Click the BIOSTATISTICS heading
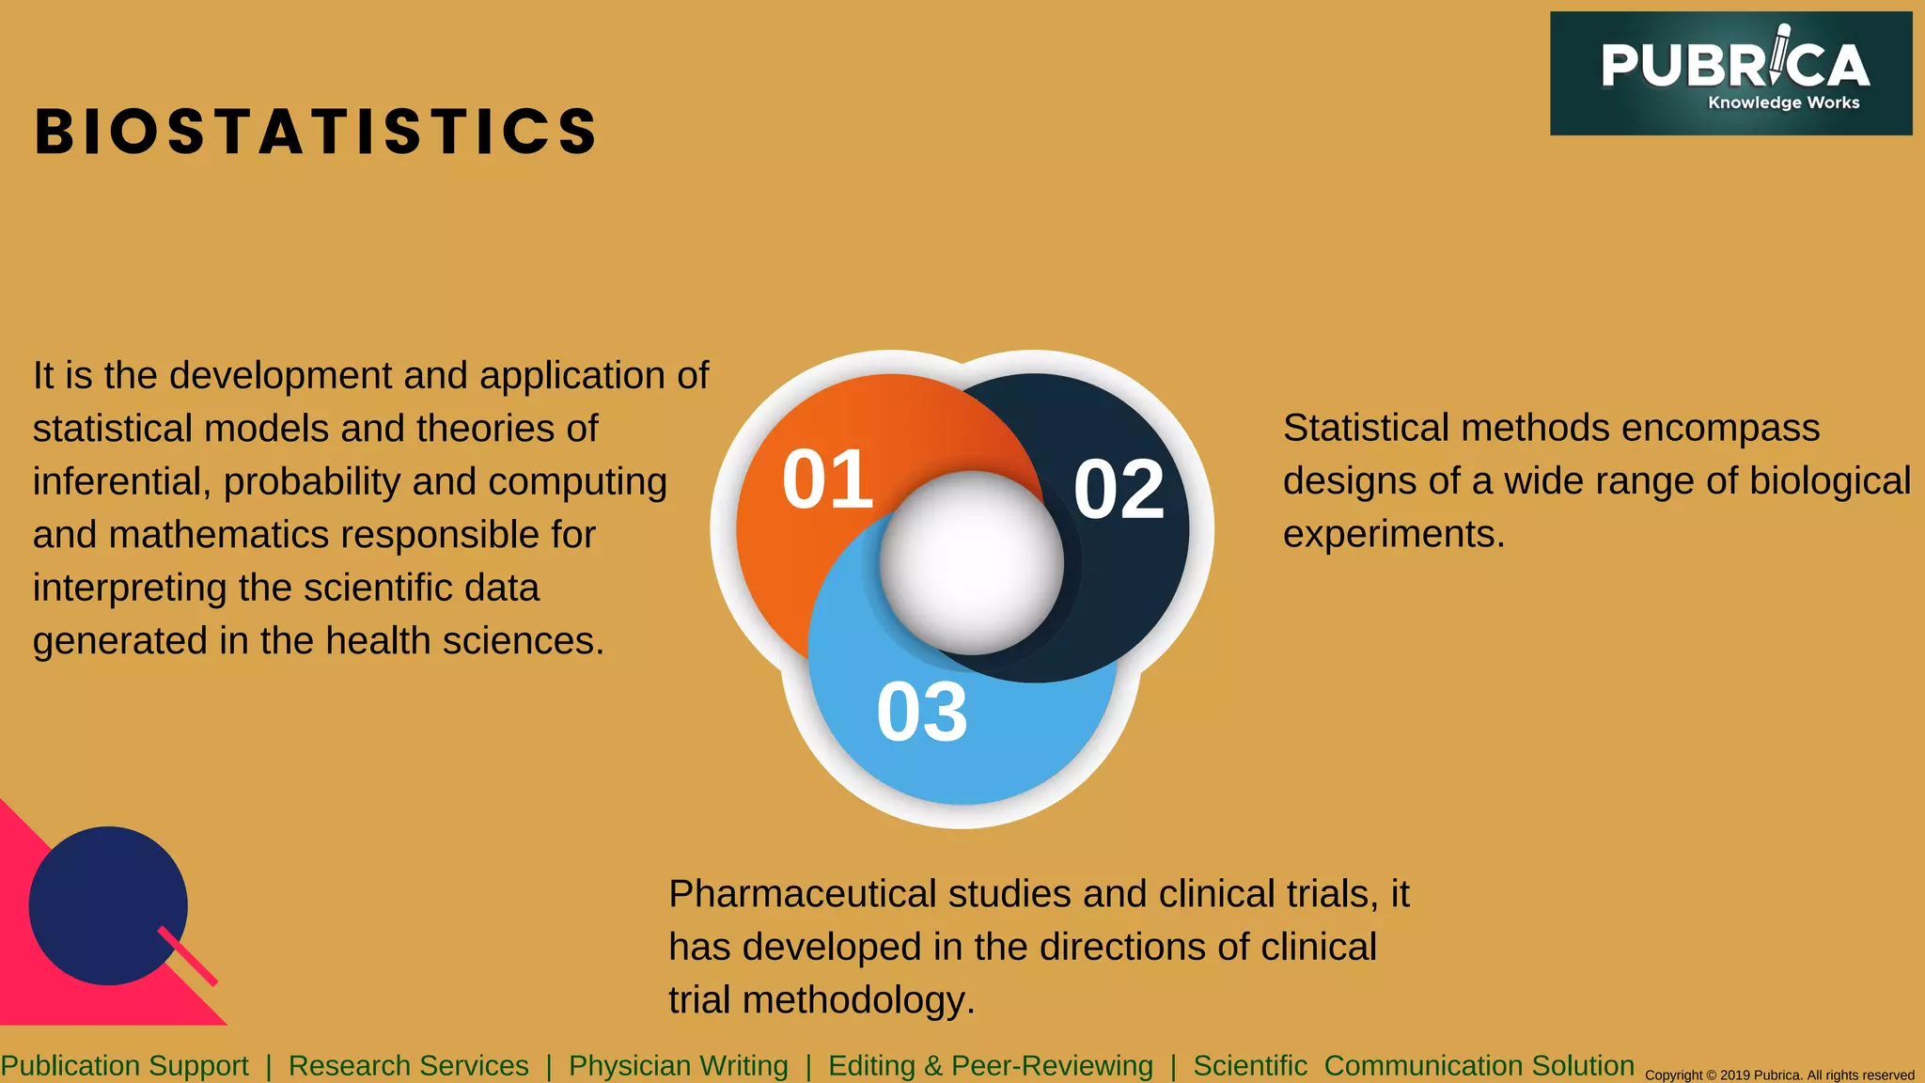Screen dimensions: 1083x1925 [x=316, y=131]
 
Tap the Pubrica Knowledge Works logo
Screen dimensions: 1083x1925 [x=1730, y=73]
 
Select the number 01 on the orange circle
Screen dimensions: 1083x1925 [x=827, y=479]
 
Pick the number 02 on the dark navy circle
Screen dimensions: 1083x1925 [x=1119, y=489]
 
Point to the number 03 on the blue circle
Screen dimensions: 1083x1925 [x=921, y=713]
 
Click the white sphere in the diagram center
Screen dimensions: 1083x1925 [x=971, y=562]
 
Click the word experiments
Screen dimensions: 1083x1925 [x=1393, y=535]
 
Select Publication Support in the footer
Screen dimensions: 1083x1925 [x=124, y=1066]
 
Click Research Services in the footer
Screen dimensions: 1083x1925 [x=408, y=1066]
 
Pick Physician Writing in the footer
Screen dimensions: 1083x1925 [x=678, y=1066]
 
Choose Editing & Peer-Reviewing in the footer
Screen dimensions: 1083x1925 [x=990, y=1066]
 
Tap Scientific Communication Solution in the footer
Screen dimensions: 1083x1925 [x=1413, y=1066]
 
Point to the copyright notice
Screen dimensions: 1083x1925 [x=1778, y=1075]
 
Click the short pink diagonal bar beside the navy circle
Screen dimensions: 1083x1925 [x=187, y=955]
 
